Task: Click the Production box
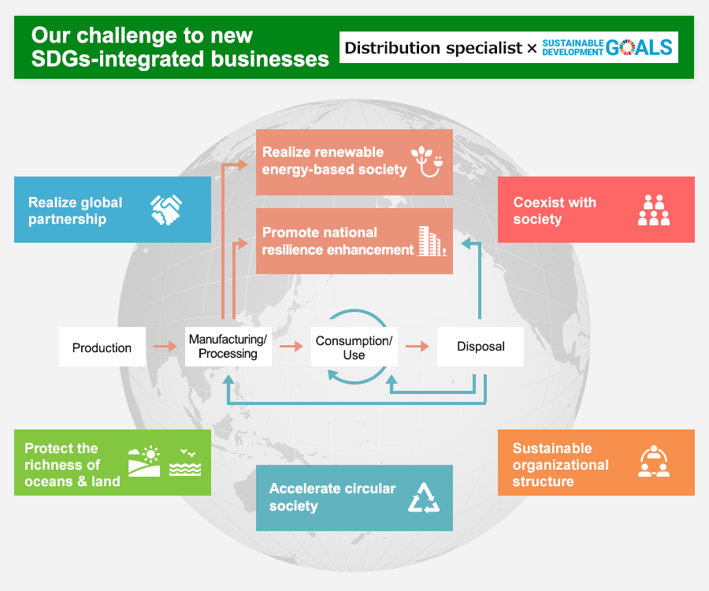[102, 347]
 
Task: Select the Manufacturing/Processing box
[228, 347]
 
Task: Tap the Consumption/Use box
[354, 347]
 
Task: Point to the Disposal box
[481, 347]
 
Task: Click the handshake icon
[166, 210]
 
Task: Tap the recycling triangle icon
[424, 498]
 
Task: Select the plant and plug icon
[427, 162]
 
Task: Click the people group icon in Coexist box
[654, 210]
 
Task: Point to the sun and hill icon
[144, 461]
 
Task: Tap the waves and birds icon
[185, 462]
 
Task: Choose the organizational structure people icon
[654, 461]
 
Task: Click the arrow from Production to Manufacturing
[165, 347]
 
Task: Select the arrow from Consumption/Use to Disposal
[418, 347]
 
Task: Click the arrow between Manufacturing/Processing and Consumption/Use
[291, 347]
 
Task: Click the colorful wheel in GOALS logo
[627, 47]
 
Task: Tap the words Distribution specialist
[433, 47]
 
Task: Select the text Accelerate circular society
[332, 497]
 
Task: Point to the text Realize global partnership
[76, 210]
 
